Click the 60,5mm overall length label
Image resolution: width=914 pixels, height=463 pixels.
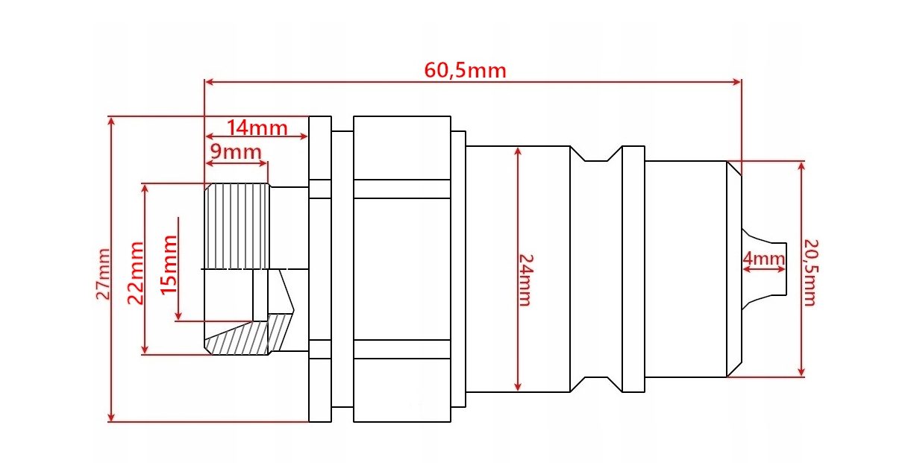[x=465, y=70]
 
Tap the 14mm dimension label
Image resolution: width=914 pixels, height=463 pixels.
[x=257, y=127]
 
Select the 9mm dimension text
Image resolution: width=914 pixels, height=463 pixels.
[x=236, y=152]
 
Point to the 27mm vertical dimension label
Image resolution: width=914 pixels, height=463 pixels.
[x=103, y=274]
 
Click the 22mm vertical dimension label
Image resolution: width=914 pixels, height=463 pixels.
[x=136, y=273]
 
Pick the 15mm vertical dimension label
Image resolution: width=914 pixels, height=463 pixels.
[x=169, y=265]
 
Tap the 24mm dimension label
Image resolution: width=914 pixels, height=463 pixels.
[x=526, y=280]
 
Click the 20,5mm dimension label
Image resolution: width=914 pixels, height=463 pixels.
[x=811, y=272]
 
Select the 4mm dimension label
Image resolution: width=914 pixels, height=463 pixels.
[x=763, y=259]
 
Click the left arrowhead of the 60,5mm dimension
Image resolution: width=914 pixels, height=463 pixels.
[x=209, y=82]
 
